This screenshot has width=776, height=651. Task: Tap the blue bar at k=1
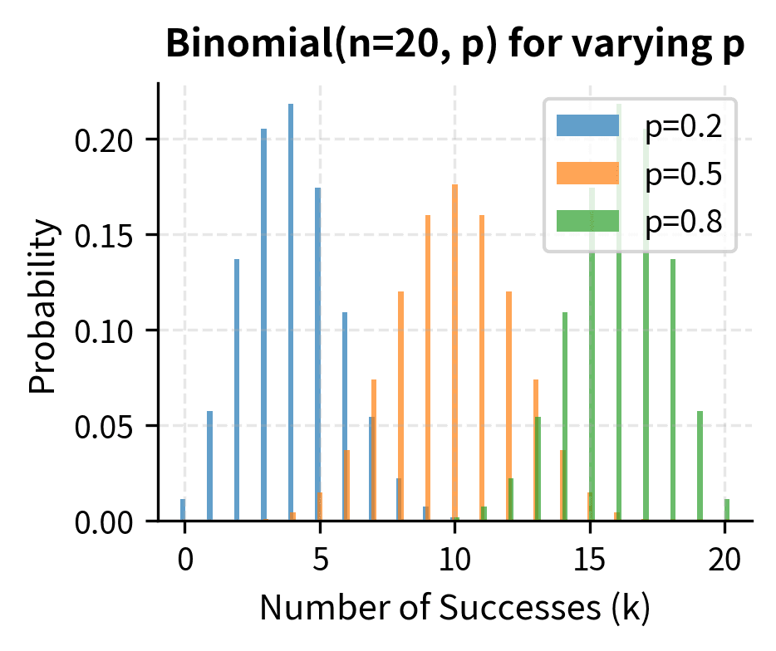tap(209, 466)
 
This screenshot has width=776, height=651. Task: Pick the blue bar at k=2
tap(237, 390)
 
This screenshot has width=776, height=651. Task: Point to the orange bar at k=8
tap(400, 406)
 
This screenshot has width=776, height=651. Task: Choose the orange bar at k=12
tap(508, 406)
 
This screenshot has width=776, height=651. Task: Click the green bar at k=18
tap(672, 390)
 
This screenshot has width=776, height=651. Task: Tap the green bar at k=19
tap(700, 466)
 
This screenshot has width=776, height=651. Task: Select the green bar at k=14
tap(565, 416)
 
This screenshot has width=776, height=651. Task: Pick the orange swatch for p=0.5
tap(587, 173)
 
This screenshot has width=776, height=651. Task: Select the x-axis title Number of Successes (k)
tap(454, 609)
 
